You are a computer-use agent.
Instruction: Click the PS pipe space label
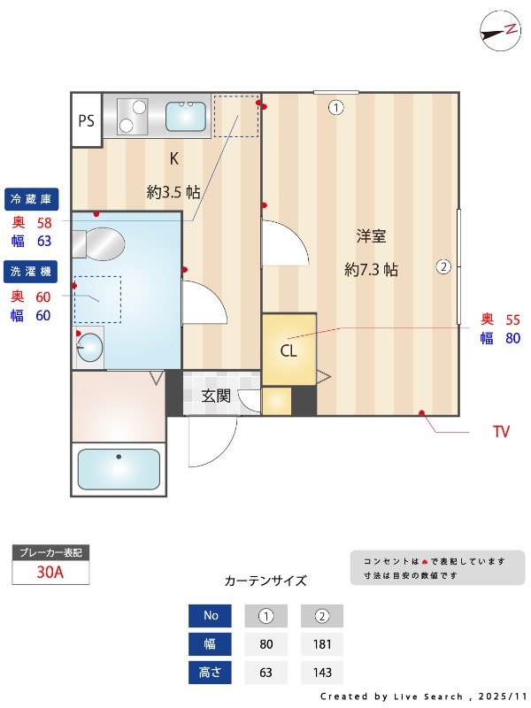pos(86,121)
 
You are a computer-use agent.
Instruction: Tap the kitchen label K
pos(174,159)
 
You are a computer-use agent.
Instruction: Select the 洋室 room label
pos(371,236)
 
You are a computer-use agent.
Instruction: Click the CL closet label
pos(289,350)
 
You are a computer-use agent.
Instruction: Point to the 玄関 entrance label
pos(216,396)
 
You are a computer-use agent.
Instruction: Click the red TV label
pos(501,433)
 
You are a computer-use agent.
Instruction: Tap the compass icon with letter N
pos(499,30)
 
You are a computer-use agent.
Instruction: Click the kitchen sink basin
pos(186,116)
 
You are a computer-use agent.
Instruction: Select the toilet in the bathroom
pos(98,243)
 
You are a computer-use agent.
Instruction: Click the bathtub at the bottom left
pos(118,468)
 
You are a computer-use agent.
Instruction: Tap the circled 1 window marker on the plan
pos(335,108)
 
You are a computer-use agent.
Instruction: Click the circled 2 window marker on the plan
pos(443,265)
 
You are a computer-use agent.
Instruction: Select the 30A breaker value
pos(50,572)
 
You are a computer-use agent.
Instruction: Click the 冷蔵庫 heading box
pos(33,197)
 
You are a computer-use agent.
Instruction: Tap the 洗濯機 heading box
pos(33,271)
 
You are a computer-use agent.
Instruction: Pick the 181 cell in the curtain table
pos(321,644)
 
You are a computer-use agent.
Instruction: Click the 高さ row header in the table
pos(210,673)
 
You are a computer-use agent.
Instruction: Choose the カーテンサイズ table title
pos(265,581)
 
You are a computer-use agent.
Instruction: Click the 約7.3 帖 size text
pos(371,270)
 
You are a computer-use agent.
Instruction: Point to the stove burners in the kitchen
pos(132,116)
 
